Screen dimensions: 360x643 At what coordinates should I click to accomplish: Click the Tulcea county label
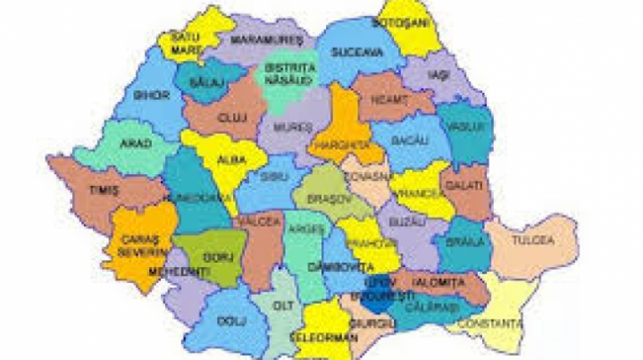pos(533,240)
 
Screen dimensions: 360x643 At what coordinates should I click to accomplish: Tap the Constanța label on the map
pos(497,322)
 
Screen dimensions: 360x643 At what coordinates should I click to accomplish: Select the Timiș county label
pos(104,190)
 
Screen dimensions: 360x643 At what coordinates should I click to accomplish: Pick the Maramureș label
pos(266,41)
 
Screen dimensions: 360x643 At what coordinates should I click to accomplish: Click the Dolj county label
pos(231,318)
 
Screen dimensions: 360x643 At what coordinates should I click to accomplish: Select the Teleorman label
pos(324,339)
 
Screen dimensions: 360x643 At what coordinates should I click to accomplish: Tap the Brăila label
pos(465,241)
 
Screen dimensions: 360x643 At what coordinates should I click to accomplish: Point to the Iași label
pos(437,75)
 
